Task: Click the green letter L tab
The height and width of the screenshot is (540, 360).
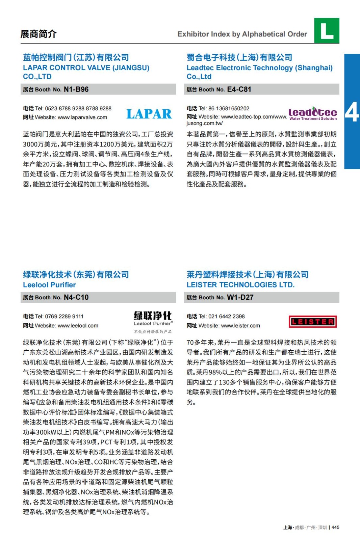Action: click(x=327, y=31)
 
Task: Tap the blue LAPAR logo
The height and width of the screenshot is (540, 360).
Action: click(x=149, y=114)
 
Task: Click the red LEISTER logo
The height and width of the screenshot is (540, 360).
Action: click(x=313, y=322)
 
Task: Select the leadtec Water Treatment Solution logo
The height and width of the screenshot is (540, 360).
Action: click(x=313, y=113)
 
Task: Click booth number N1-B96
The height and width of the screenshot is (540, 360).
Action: click(x=76, y=89)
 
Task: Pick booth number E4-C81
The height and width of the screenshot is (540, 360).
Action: click(x=239, y=89)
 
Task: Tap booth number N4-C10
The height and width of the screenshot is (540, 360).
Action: click(x=76, y=297)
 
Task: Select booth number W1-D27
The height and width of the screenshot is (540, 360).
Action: click(x=240, y=297)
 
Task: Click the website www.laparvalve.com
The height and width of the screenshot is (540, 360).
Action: click(x=82, y=117)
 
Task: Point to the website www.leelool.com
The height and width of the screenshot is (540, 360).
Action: click(x=78, y=326)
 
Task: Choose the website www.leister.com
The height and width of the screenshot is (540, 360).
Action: click(x=240, y=326)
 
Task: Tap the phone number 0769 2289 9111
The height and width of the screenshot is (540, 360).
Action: click(x=64, y=317)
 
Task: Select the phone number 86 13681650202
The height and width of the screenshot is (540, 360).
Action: click(x=229, y=109)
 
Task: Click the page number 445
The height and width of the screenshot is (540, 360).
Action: click(x=335, y=528)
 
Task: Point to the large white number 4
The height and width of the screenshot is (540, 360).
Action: click(x=352, y=112)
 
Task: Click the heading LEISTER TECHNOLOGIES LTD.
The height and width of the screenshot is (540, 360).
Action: click(x=240, y=285)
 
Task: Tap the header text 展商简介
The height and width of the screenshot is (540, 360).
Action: click(x=38, y=34)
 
